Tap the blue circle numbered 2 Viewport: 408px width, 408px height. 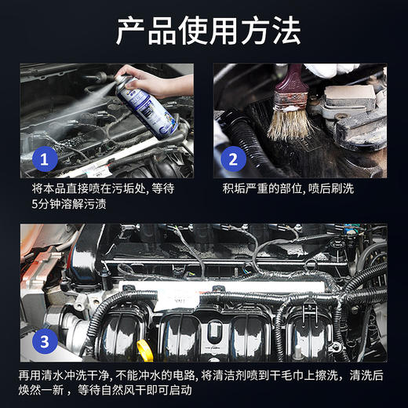233,160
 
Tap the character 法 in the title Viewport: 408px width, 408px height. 286,31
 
